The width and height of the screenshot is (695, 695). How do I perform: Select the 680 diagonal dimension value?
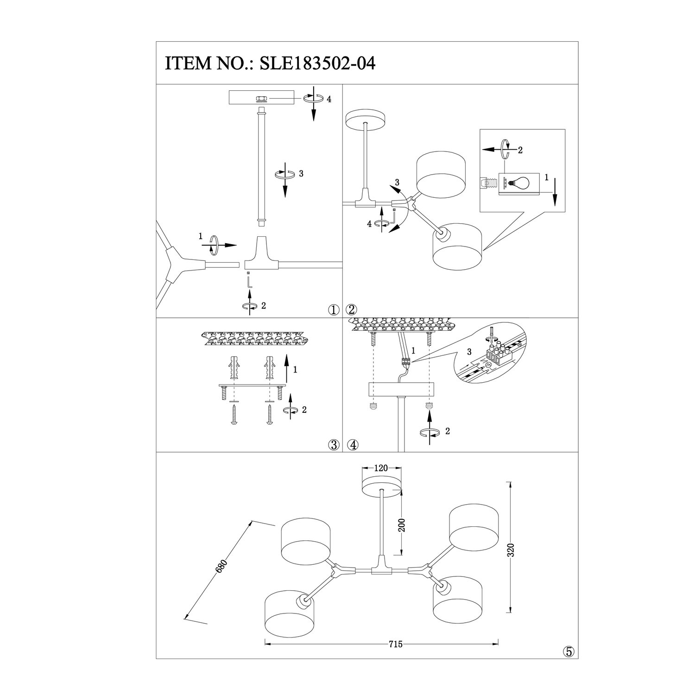(x=222, y=568)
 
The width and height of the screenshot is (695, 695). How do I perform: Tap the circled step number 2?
(x=352, y=310)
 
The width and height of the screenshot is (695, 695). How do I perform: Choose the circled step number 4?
(x=353, y=445)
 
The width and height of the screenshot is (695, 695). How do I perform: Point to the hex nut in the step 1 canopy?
(x=261, y=99)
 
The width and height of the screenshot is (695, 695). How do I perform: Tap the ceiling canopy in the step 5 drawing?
(x=381, y=486)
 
